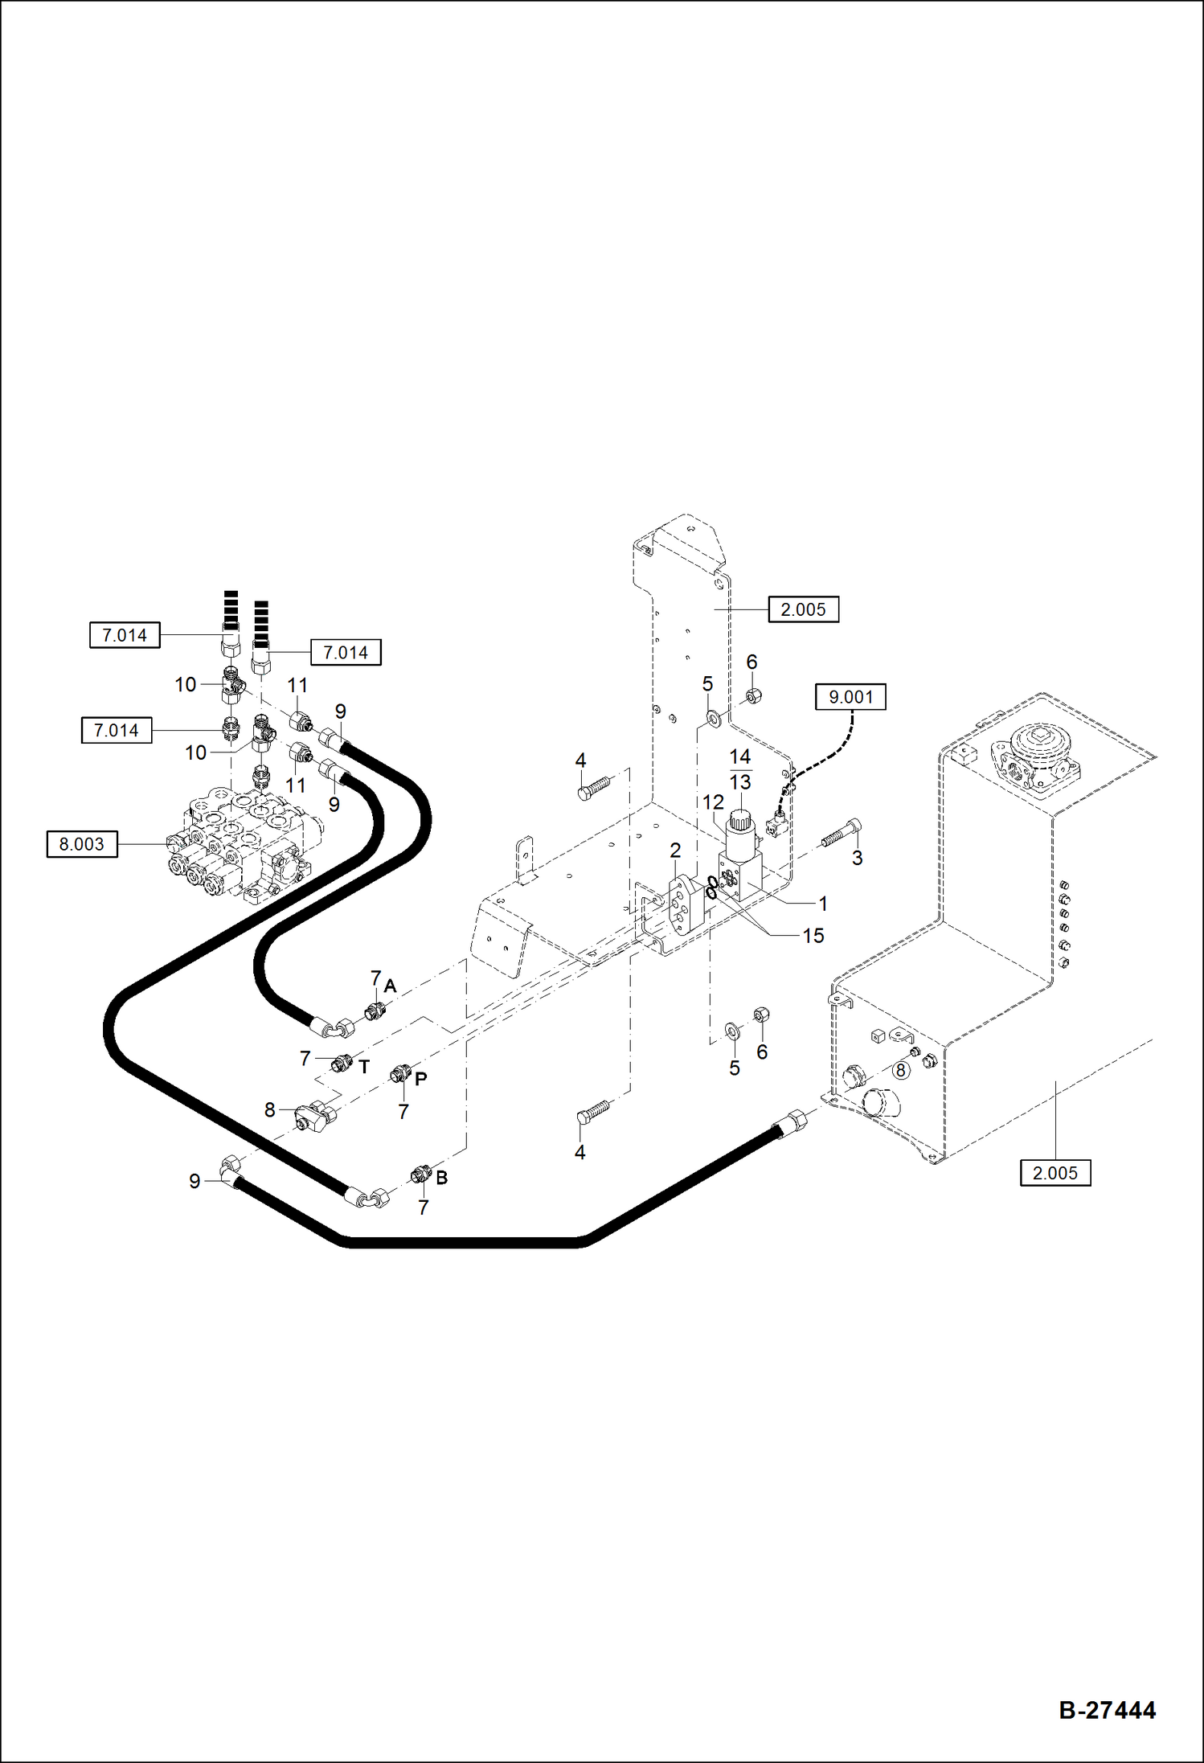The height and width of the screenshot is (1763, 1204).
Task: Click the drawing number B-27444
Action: pos(1107,1709)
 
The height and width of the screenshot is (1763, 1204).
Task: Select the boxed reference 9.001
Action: pos(850,697)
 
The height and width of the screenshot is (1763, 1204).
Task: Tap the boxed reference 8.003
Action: pos(82,844)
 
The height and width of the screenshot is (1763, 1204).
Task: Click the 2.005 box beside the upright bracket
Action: pos(803,609)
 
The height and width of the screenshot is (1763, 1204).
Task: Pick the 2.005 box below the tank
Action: pos(1055,1173)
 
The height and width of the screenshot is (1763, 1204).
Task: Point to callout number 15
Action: pos(813,936)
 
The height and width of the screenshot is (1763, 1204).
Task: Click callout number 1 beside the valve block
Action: pos(822,904)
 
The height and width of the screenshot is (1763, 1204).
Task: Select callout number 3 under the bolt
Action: pos(857,858)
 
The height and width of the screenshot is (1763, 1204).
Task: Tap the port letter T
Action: pos(364,1068)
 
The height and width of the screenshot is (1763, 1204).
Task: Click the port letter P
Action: pos(420,1079)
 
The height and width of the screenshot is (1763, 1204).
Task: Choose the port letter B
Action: pos(441,1178)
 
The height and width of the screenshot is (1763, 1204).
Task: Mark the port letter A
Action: pos(391,986)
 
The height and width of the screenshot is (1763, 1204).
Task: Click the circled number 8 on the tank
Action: pos(900,1070)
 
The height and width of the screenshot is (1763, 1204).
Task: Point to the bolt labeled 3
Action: pos(841,834)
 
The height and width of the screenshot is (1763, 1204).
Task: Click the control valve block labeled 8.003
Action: pos(241,848)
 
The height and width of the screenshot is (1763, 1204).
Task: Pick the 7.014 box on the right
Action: pos(346,653)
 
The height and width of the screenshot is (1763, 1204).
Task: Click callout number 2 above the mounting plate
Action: pos(675,851)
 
